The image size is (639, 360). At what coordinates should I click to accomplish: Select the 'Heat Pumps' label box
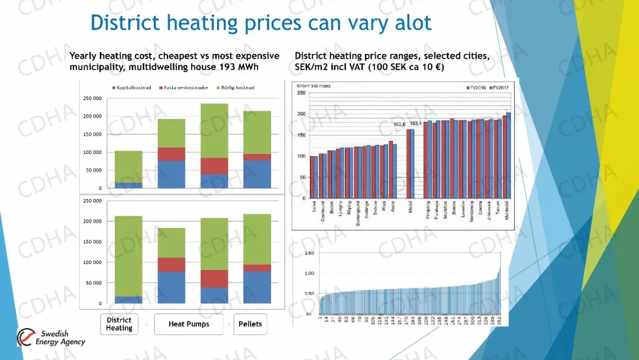[189, 324]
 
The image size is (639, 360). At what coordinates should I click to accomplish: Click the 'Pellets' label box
[250, 324]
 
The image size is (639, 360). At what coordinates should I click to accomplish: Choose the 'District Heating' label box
[119, 324]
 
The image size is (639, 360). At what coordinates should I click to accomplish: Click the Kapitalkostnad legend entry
[131, 88]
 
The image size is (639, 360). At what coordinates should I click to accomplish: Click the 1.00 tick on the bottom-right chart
[309, 274]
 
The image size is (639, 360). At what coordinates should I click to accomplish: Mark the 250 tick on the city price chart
[301, 93]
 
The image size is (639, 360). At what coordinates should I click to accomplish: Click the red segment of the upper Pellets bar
[257, 157]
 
